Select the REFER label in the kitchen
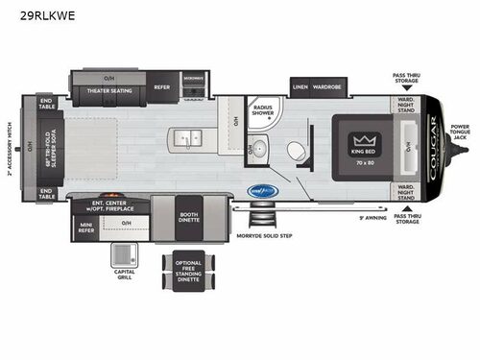pyautogui.click(x=162, y=86)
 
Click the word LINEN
pyautogui.click(x=302, y=86)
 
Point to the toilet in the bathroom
pyautogui.click(x=297, y=151)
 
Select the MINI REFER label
pyautogui.click(x=86, y=228)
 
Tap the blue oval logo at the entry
pyautogui.click(x=261, y=190)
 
